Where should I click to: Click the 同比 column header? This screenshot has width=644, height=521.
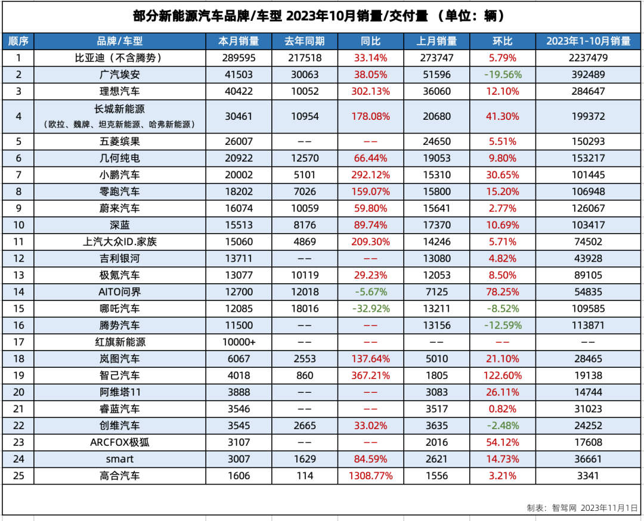click(x=370, y=41)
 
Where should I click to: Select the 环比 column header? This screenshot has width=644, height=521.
click(x=502, y=41)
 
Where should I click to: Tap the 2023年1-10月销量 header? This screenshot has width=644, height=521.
click(x=589, y=41)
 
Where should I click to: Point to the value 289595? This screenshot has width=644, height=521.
click(x=239, y=58)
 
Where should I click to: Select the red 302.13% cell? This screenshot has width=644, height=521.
click(x=370, y=91)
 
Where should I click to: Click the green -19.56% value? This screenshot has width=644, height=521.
click(x=502, y=75)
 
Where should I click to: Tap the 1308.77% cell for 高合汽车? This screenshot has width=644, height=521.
click(x=370, y=476)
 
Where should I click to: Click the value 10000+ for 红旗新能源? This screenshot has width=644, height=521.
click(x=239, y=342)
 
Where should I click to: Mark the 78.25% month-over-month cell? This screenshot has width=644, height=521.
click(x=502, y=292)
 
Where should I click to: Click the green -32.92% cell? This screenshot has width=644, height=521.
click(x=370, y=309)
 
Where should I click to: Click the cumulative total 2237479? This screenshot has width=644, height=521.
click(x=589, y=58)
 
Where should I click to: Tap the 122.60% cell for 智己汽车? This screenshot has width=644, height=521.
click(x=502, y=376)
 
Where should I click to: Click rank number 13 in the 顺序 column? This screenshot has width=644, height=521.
click(x=18, y=275)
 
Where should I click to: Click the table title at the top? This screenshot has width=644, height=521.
click(x=322, y=16)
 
